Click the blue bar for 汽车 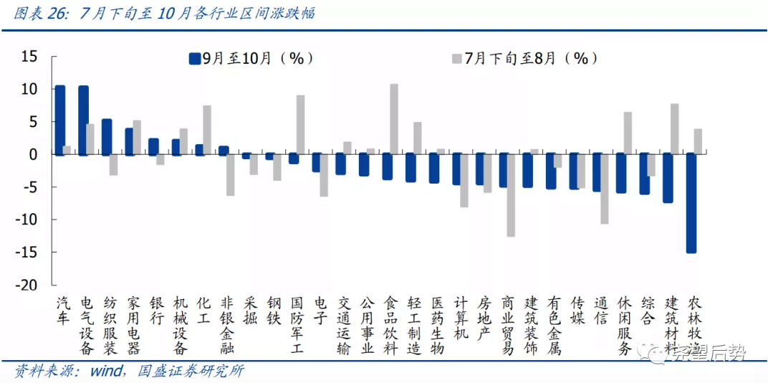[60, 120]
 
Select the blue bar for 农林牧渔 [691, 203]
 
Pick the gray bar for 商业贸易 [511, 195]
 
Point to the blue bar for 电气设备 [83, 120]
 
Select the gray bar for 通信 [605, 189]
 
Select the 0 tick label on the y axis [34, 154]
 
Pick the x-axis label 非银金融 [227, 326]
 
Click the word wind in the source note [105, 371]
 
